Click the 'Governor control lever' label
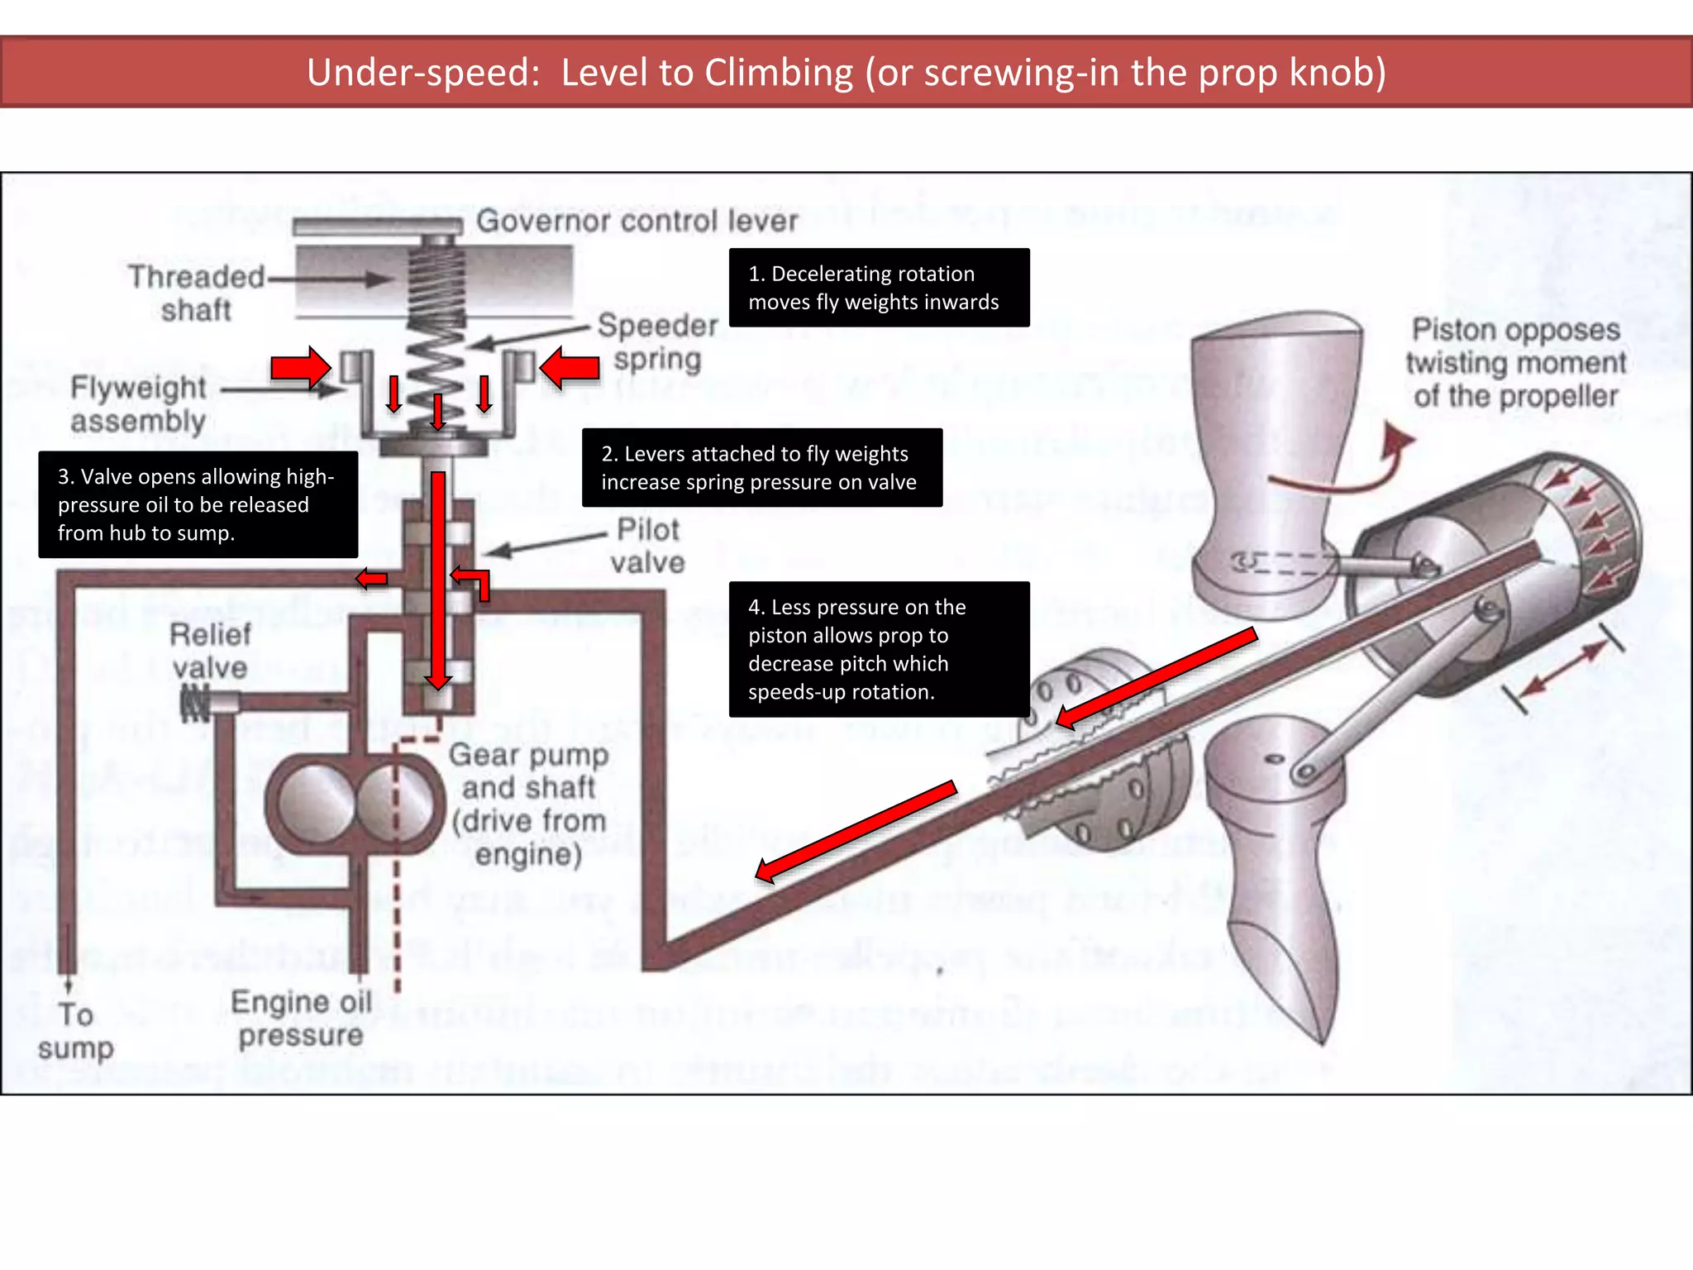point(637,221)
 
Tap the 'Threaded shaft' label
point(196,293)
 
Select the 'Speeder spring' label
point(657,341)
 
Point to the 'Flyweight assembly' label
point(138,403)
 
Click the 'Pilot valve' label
point(649,546)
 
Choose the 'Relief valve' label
point(210,651)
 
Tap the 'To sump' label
point(75,1030)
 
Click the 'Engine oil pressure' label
point(301,1018)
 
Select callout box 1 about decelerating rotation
point(879,288)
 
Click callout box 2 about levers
point(761,467)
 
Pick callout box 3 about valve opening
point(198,504)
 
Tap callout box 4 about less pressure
point(879,649)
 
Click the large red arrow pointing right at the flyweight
point(301,366)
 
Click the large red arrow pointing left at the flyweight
point(570,366)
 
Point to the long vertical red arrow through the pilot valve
point(437,579)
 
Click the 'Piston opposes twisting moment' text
point(1515,363)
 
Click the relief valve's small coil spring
point(195,703)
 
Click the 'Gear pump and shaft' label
point(529,804)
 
